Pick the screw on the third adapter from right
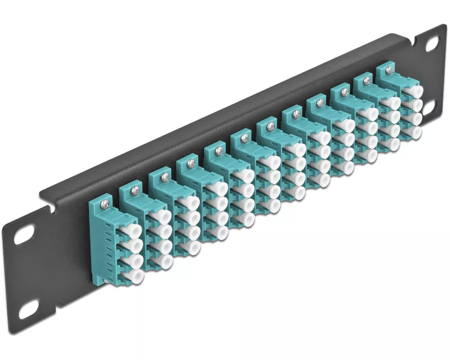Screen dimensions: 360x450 pos(345,92)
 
